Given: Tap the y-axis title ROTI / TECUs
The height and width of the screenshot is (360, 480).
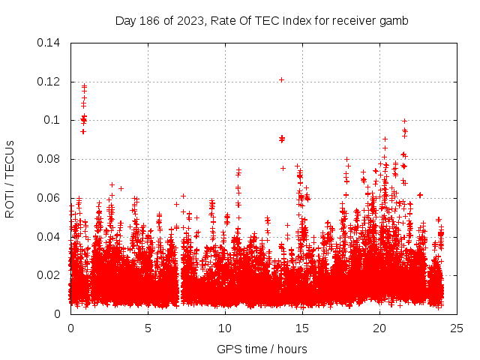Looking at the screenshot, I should click(x=10, y=178).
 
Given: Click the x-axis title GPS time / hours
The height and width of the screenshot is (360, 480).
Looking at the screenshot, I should click(x=262, y=349).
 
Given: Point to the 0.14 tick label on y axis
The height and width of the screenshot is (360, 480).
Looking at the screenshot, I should click(x=49, y=43).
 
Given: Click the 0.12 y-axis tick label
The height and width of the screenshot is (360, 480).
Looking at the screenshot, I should click(x=49, y=82).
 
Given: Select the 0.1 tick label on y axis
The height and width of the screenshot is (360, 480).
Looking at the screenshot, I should click(x=52, y=120).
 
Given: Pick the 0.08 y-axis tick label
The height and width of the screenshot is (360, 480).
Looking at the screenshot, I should click(x=49, y=159).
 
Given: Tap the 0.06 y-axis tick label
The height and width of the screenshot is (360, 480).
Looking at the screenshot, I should click(x=49, y=198).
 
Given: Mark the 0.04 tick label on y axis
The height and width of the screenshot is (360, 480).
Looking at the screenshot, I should click(x=49, y=236).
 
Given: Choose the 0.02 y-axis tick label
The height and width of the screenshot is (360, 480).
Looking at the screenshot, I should click(x=49, y=275).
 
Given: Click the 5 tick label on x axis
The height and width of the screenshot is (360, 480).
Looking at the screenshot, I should click(x=148, y=328).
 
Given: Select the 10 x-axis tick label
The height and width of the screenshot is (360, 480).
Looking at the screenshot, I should click(x=225, y=328).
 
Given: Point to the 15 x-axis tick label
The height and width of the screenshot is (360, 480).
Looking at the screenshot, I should click(x=302, y=328).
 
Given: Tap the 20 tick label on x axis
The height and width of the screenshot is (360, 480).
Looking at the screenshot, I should click(x=379, y=328).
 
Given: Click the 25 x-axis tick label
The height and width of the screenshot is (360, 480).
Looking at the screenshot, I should click(x=457, y=328).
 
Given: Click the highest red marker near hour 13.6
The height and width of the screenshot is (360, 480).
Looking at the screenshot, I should click(x=281, y=79).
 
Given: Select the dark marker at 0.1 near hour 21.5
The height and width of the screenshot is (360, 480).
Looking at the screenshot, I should click(x=404, y=121).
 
